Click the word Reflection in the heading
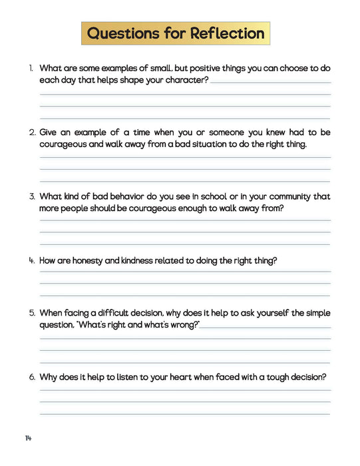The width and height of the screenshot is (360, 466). coord(228,33)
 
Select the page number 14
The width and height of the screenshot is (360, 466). coord(29,437)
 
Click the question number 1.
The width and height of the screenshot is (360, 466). coord(31,68)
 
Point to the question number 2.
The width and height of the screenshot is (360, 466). coord(32,132)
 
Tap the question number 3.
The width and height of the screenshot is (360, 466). coord(32,196)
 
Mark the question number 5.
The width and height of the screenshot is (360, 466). coord(32,312)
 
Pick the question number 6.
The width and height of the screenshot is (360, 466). coord(32,377)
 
